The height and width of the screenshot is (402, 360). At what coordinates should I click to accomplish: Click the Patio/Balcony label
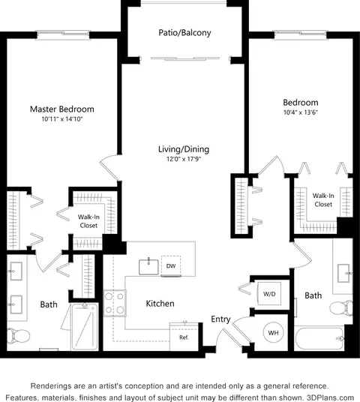click(184, 33)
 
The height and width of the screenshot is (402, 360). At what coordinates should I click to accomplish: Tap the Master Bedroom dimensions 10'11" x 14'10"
click(62, 119)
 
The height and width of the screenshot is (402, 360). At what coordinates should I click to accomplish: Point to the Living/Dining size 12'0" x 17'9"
click(184, 159)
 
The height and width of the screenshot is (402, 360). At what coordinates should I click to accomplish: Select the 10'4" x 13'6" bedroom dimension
click(301, 112)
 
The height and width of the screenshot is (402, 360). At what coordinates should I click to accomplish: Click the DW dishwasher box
click(171, 265)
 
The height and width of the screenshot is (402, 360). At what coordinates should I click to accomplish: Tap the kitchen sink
click(148, 267)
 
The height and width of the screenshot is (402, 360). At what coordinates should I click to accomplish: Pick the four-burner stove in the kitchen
click(115, 303)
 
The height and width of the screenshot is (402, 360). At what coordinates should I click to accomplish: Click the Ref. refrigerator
click(184, 337)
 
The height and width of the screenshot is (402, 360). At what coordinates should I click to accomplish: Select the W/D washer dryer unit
click(269, 294)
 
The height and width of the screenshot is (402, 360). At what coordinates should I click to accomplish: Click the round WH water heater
click(273, 333)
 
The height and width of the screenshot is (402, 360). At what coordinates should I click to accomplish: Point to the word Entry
click(220, 319)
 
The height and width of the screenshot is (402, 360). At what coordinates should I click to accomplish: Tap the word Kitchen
click(160, 304)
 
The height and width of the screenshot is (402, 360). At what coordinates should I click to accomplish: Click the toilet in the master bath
click(18, 335)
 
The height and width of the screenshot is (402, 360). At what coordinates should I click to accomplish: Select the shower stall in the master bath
click(85, 327)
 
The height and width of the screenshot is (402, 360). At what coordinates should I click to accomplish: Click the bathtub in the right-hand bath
click(319, 339)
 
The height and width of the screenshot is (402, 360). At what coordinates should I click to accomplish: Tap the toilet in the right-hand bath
click(341, 308)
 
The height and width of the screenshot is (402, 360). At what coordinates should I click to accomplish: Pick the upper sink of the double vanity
click(16, 271)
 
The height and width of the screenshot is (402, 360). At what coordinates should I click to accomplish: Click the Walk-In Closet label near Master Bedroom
click(88, 221)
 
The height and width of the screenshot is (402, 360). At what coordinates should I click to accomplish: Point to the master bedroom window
click(63, 34)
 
